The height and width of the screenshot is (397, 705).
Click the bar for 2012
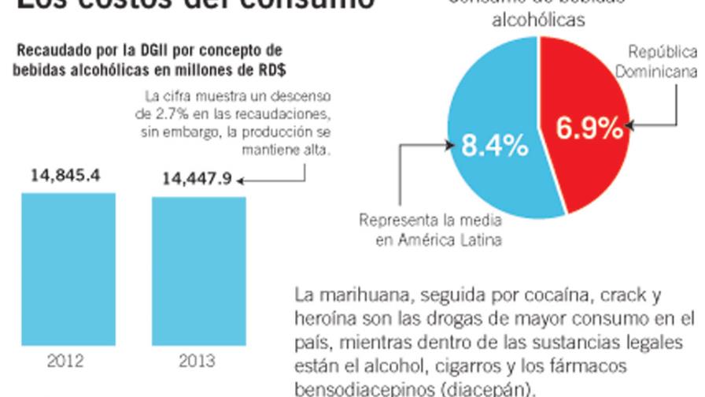coord(68,269)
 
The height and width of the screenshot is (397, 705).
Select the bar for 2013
coord(198,270)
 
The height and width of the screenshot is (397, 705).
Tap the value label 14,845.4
coord(65,176)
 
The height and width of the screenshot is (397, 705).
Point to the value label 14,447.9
coord(197,179)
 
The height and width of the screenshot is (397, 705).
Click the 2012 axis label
coord(65,362)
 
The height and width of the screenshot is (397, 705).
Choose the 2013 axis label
coord(197,362)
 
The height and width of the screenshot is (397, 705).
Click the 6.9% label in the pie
coord(589,128)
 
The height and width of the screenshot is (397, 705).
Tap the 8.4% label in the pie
coord(493,146)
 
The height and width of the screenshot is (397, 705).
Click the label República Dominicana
coord(661,62)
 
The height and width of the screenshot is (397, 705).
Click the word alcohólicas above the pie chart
coord(538,20)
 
